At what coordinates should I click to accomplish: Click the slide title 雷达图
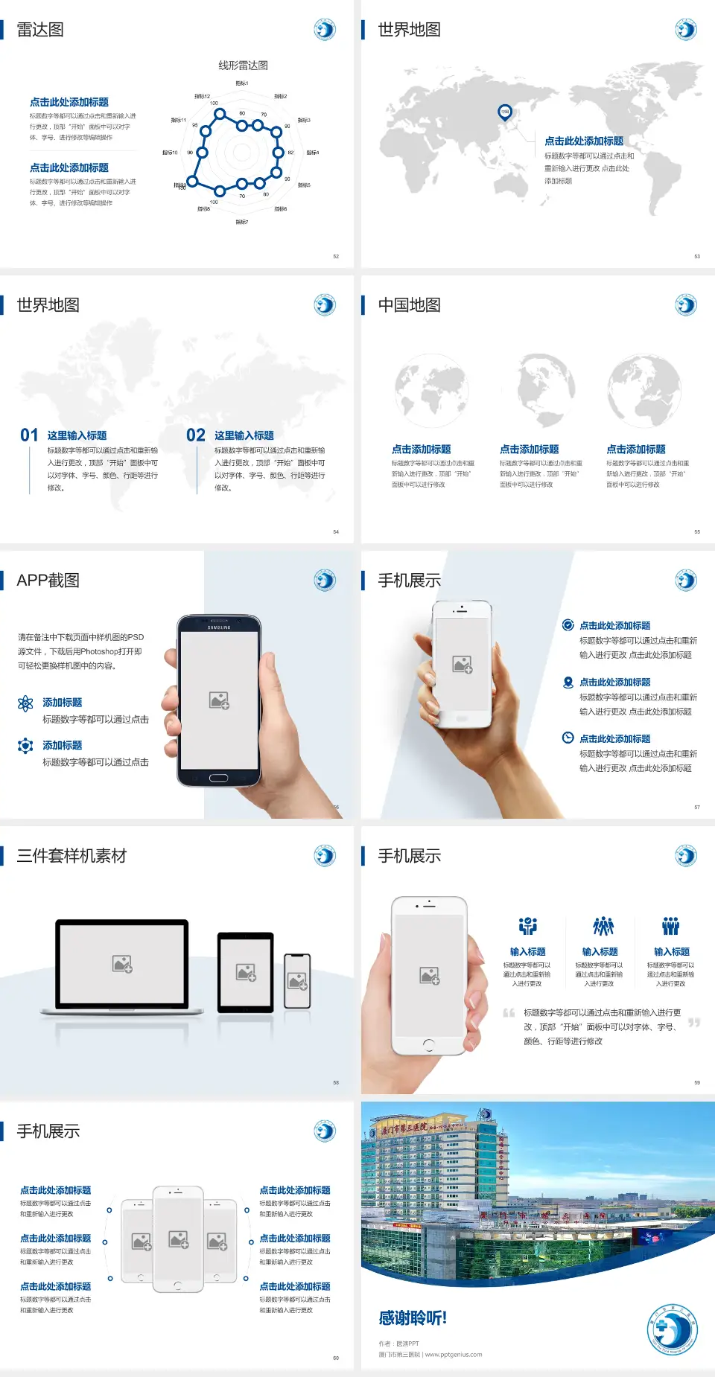pyautogui.click(x=40, y=30)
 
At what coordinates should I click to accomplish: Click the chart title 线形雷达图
pyautogui.click(x=243, y=66)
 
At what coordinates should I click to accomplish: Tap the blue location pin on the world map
pyautogui.click(x=504, y=112)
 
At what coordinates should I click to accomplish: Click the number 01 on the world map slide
pyautogui.click(x=29, y=435)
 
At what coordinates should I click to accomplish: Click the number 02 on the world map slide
pyautogui.click(x=196, y=435)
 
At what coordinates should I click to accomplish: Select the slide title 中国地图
pyautogui.click(x=409, y=305)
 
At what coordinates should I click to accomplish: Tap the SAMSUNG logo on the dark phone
pyautogui.click(x=219, y=627)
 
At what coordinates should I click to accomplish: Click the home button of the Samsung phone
pyautogui.click(x=218, y=778)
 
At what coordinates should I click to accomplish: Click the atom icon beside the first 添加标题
pyautogui.click(x=25, y=703)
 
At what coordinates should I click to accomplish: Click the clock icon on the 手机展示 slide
pyautogui.click(x=568, y=738)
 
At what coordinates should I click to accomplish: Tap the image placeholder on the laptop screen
pyautogui.click(x=122, y=964)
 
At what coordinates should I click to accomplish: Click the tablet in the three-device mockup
pyautogui.click(x=246, y=971)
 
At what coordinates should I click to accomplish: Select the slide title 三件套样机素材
pyautogui.click(x=71, y=856)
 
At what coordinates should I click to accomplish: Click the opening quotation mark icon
pyautogui.click(x=509, y=1013)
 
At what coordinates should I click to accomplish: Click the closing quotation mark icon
pyautogui.click(x=694, y=1023)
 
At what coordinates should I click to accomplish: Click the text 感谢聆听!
pyautogui.click(x=413, y=1318)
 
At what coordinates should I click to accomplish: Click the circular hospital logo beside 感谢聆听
pyautogui.click(x=672, y=1329)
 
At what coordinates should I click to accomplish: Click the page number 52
pyautogui.click(x=336, y=257)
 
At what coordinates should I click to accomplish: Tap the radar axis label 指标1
pyautogui.click(x=241, y=83)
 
